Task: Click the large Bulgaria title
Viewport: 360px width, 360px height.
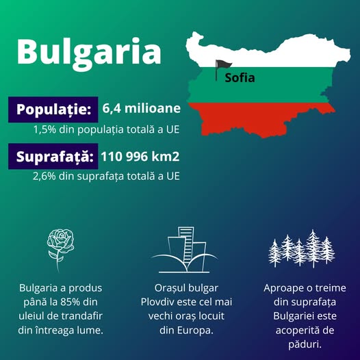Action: [x=88, y=51]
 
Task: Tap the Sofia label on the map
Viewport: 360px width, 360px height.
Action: [x=240, y=78]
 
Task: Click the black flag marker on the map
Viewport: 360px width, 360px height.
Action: [x=219, y=68]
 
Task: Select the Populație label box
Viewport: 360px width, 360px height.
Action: [x=53, y=110]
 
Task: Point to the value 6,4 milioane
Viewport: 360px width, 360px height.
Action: [x=142, y=109]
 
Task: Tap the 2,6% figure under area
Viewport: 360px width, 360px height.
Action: [x=43, y=176]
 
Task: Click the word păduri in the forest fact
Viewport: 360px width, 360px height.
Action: [x=302, y=344]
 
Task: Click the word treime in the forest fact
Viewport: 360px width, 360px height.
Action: [x=325, y=288]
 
